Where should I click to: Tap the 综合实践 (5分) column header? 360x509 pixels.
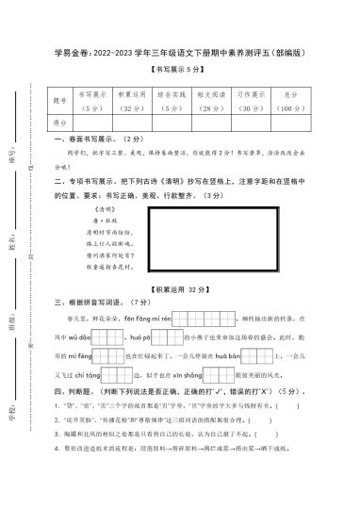tap(175, 101)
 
